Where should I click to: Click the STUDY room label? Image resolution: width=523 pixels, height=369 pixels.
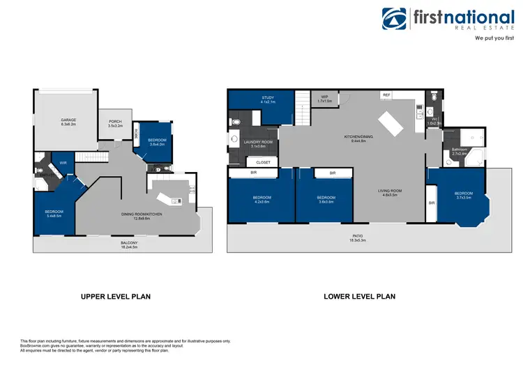268,100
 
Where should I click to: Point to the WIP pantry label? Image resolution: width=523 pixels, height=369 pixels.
324,99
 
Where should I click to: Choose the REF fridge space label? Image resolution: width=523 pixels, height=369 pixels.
386,95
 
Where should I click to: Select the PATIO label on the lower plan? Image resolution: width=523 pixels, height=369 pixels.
356,237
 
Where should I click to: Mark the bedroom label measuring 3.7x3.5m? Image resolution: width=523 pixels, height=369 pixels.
464,195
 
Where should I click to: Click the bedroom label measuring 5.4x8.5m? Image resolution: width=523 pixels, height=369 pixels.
54,213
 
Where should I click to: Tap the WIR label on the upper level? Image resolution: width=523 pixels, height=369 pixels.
63,163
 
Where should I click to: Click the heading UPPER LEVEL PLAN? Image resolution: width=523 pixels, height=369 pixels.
116,296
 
